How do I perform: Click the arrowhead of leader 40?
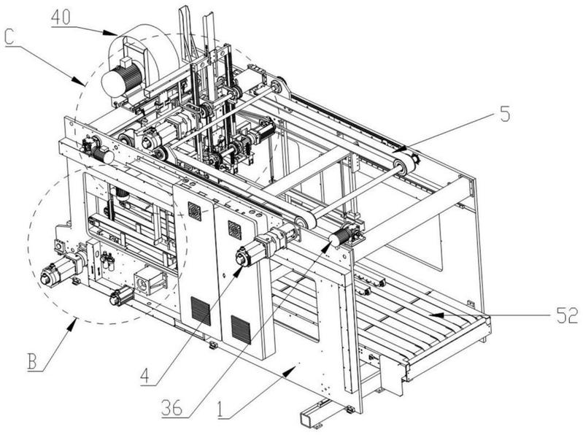point(115,34)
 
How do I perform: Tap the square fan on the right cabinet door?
point(235,228)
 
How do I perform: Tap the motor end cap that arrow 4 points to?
point(242,257)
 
